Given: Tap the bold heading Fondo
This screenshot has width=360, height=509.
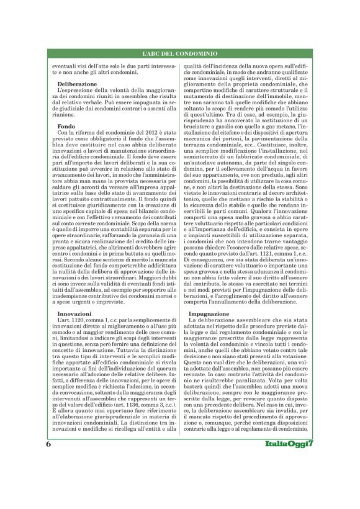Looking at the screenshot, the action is (x=66, y=126).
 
